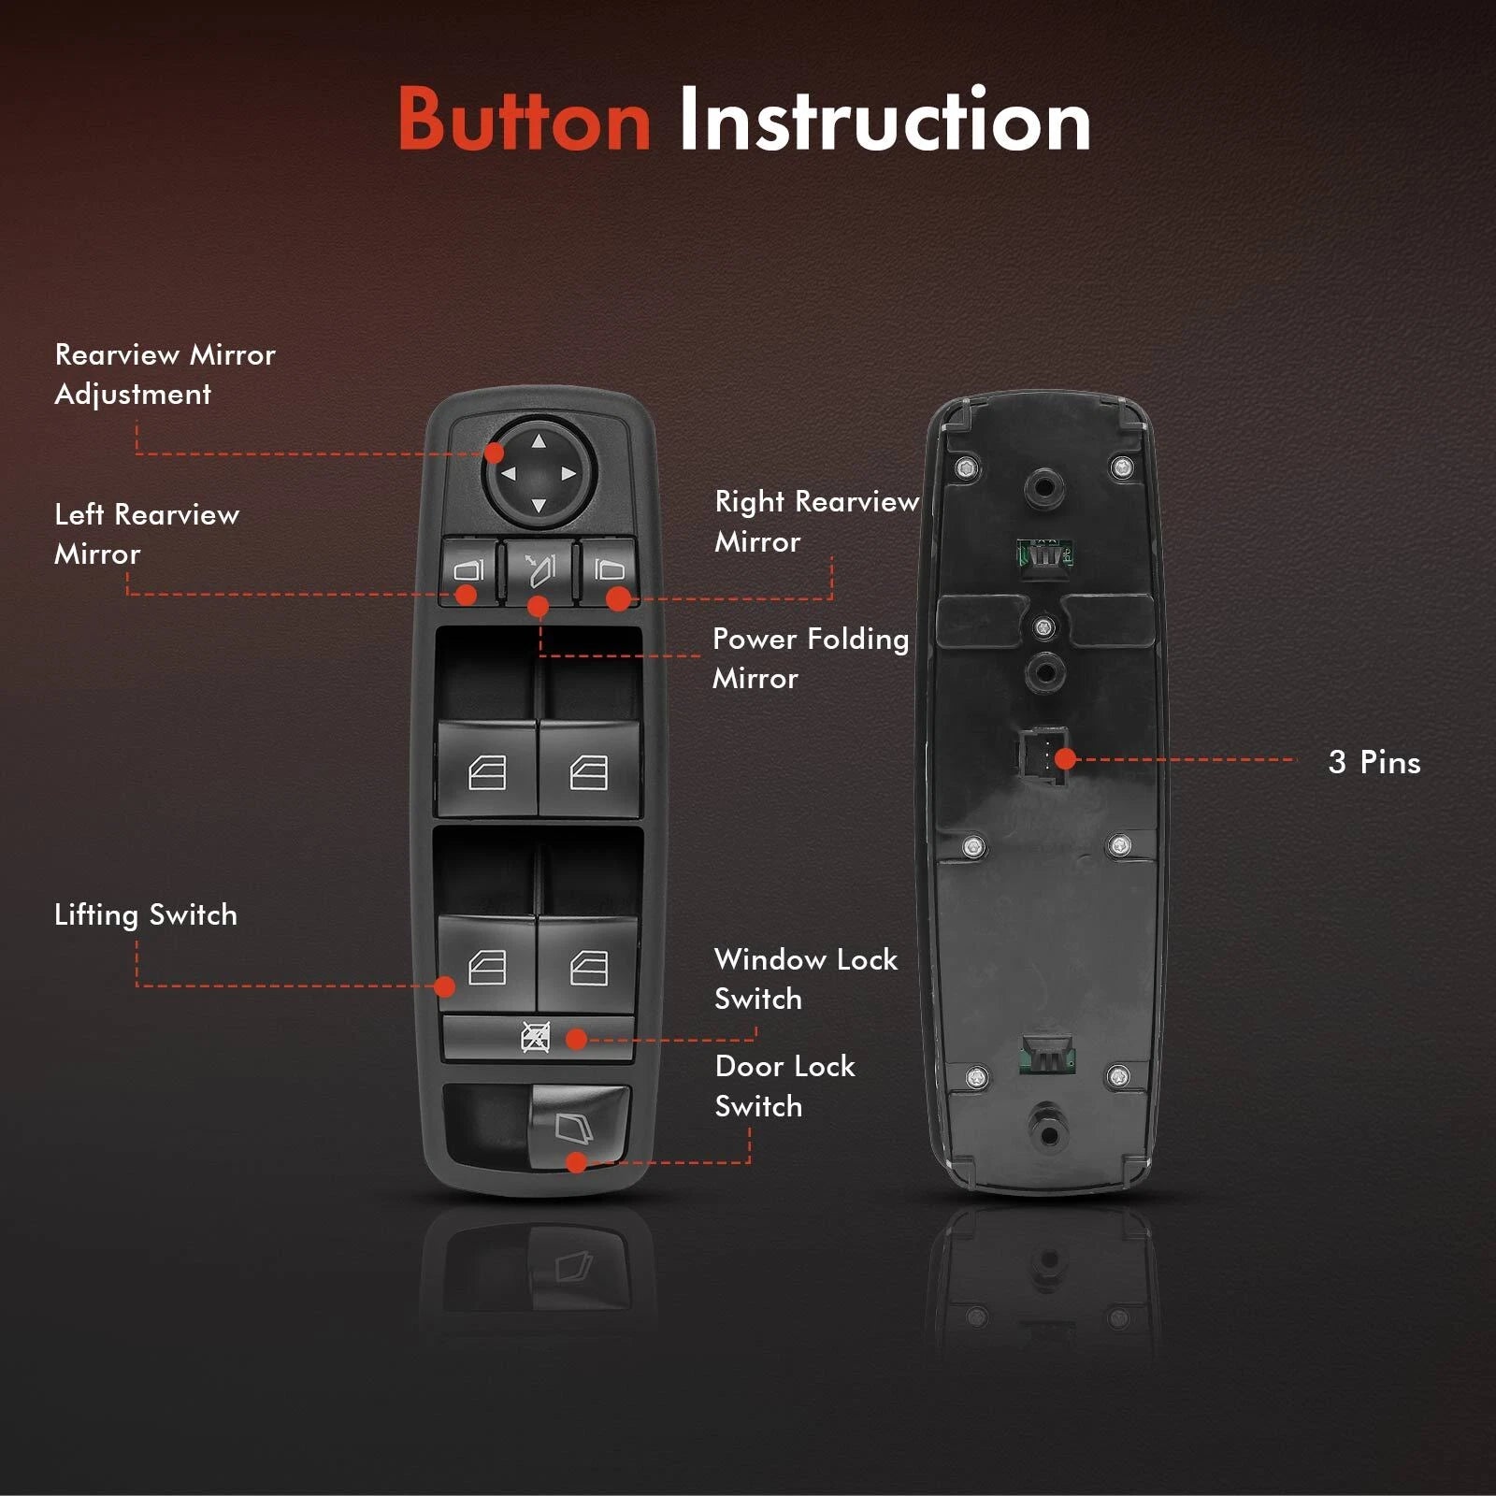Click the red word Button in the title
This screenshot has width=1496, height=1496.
524,120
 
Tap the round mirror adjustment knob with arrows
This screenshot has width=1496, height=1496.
539,472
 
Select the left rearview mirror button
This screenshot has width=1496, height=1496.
469,571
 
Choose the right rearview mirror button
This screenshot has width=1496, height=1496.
609,571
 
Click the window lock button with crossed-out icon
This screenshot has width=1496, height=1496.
538,1038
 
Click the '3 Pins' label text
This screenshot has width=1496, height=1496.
1374,762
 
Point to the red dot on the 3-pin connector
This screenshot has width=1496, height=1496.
1065,758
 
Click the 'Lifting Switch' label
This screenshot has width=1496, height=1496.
146,914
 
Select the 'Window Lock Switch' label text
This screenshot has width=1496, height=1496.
805,979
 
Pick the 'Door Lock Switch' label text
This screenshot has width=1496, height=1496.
784,1086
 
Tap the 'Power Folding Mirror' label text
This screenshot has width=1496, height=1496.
810,658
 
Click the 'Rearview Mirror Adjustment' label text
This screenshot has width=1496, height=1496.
165,374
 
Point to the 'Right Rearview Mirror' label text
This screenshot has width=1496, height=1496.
816,521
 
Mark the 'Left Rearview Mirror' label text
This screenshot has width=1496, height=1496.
147,534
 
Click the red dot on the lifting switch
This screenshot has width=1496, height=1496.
445,986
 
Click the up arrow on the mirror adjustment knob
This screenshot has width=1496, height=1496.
539,441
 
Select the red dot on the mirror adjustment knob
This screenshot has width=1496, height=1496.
495,453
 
